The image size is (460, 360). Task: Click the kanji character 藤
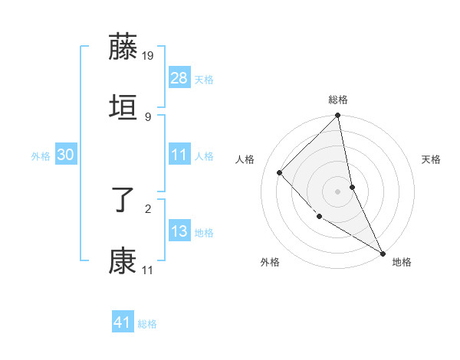(123, 47)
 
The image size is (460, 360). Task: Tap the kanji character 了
(123, 200)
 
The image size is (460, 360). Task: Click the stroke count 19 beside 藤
(148, 56)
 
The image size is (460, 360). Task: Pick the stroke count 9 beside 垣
(147, 116)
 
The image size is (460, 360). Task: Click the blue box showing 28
(179, 78)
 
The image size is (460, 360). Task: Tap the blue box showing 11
(179, 155)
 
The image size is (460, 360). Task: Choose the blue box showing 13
(179, 231)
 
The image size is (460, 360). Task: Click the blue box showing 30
(66, 155)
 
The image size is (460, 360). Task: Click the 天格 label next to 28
(204, 80)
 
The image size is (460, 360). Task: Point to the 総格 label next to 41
(147, 324)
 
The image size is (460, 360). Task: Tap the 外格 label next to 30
(41, 156)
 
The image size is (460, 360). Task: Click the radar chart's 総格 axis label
(338, 100)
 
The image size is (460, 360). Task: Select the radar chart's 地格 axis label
(402, 262)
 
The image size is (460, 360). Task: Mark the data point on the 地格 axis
(383, 252)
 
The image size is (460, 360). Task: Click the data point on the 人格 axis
(280, 172)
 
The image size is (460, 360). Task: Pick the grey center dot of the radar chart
(338, 191)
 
